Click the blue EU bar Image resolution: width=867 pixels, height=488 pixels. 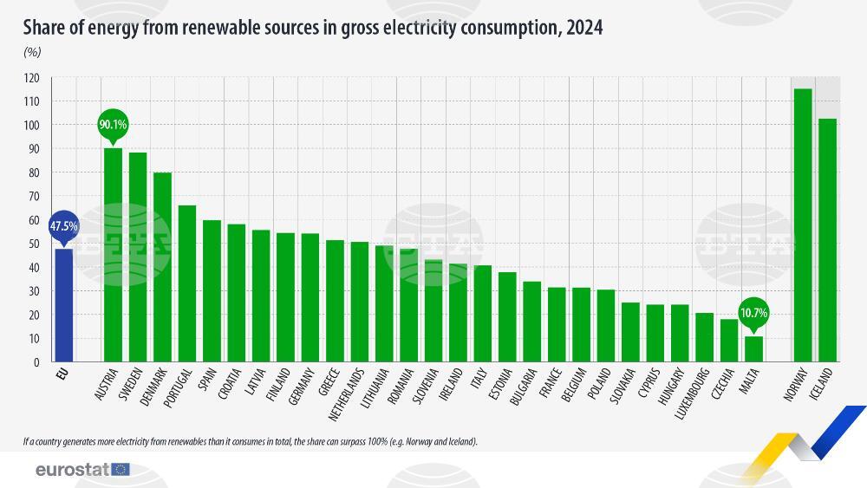[63, 304]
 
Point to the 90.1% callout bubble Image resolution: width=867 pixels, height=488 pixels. [113, 125]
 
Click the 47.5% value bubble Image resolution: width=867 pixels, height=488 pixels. [63, 225]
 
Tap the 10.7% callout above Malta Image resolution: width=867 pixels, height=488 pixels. [754, 313]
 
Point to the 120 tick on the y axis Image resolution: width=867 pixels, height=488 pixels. [32, 78]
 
